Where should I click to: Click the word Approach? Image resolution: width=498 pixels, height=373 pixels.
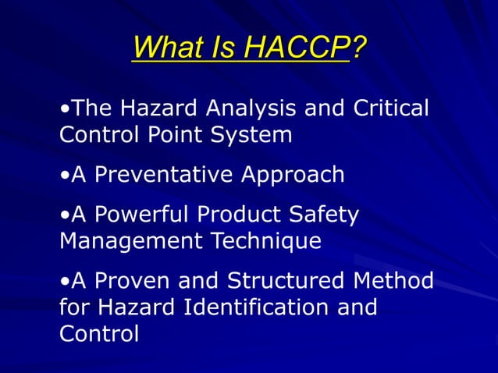(x=292, y=174)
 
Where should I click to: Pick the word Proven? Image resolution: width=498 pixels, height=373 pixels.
(x=133, y=280)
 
